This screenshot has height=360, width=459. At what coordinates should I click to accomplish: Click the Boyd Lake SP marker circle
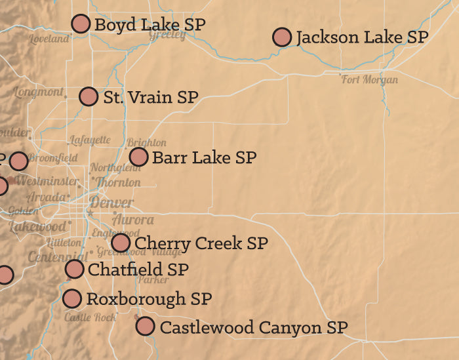(x=81, y=24)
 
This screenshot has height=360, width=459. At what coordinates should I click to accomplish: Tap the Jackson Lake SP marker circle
(x=282, y=37)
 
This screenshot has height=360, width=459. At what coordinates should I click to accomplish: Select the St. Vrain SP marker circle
(x=89, y=96)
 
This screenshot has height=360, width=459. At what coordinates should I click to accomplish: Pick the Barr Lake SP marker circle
(x=138, y=157)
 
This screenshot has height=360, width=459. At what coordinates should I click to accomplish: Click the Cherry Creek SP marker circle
(x=121, y=243)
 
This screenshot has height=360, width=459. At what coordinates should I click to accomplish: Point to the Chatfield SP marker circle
(x=75, y=269)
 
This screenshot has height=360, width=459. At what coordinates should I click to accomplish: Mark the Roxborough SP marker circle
(x=72, y=299)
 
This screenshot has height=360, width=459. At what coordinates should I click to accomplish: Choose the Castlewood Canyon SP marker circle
(x=145, y=326)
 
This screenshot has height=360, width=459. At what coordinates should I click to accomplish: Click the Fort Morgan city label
(x=370, y=80)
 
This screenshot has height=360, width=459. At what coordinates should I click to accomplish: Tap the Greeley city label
(x=167, y=35)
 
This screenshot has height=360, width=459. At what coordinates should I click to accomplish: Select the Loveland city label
(x=49, y=39)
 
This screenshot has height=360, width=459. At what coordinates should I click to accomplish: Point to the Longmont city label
(x=39, y=92)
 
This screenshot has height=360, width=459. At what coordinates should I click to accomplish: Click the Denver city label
(x=111, y=203)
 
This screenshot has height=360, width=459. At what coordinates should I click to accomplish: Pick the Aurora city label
(x=133, y=220)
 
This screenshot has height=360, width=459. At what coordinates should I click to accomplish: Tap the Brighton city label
(x=147, y=142)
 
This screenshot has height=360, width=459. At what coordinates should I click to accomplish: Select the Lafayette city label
(x=90, y=140)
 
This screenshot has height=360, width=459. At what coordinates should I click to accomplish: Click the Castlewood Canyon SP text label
(x=254, y=327)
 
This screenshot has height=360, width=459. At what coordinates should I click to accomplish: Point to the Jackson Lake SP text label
(x=362, y=37)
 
